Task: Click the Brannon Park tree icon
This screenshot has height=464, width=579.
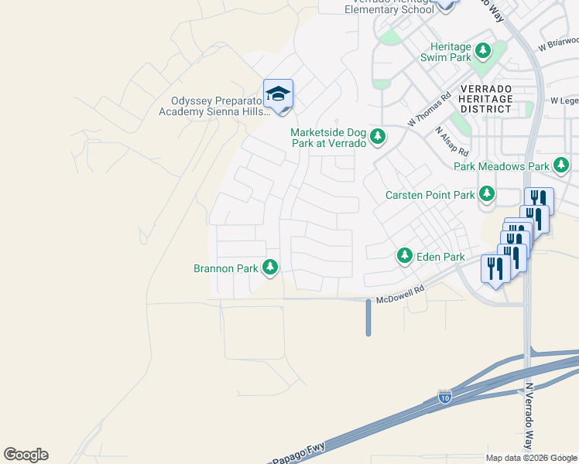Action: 270,268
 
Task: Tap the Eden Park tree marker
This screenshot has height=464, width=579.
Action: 404,255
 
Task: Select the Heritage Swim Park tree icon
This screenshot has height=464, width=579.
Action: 484,51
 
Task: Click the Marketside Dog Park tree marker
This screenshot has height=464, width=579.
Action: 378,137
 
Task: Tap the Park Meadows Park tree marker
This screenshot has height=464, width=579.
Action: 561,165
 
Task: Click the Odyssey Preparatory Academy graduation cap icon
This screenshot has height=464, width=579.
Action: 278,94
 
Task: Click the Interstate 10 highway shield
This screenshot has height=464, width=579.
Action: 444,397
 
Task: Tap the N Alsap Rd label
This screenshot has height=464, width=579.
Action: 452,141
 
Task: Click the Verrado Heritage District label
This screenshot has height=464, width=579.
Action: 485,99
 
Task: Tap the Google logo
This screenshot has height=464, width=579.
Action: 26,455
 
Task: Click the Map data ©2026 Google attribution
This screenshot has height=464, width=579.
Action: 530,458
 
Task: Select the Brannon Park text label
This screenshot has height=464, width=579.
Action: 225,269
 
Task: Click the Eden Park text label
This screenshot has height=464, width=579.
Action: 440,257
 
